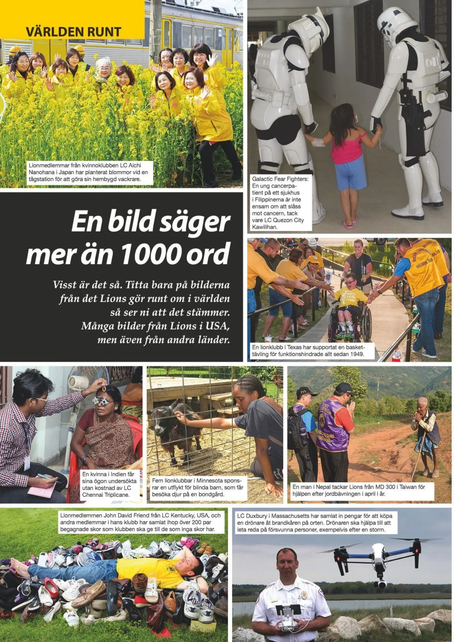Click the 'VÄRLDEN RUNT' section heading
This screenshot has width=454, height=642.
[73, 32]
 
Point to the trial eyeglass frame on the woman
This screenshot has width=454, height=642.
[103, 400]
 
